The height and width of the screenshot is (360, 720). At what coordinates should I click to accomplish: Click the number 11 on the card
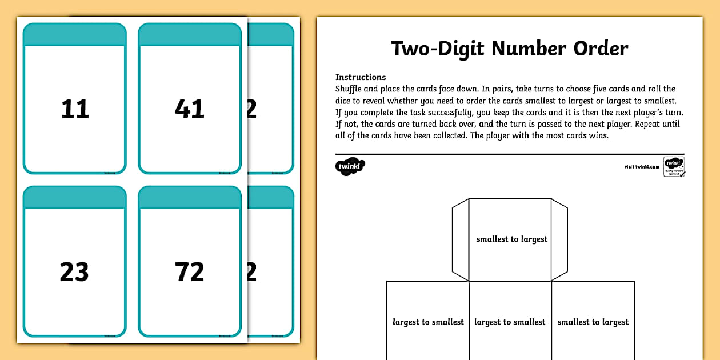tap(75, 109)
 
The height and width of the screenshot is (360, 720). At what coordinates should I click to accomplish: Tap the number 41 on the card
tap(189, 109)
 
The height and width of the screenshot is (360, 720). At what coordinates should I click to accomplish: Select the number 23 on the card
tap(74, 272)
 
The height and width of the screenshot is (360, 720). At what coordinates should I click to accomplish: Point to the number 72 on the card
tap(189, 272)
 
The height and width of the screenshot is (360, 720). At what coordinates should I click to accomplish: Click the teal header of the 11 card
tap(74, 35)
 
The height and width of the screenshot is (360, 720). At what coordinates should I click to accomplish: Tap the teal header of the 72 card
tap(189, 198)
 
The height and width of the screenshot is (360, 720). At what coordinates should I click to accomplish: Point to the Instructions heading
tap(361, 77)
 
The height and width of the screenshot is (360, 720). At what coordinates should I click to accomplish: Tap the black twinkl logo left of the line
tap(350, 167)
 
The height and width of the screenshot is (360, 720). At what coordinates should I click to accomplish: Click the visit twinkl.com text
tap(642, 167)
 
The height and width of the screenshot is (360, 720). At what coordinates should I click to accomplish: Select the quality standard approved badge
tap(674, 166)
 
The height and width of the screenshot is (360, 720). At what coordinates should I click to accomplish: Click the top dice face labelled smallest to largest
tap(511, 239)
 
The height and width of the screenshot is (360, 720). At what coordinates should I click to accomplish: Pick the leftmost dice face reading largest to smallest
tap(428, 322)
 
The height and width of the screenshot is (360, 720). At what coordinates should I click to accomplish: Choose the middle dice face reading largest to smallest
tap(510, 322)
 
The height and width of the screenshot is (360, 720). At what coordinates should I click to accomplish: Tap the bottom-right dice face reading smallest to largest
tap(593, 322)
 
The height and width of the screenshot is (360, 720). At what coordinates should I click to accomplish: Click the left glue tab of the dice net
tap(460, 239)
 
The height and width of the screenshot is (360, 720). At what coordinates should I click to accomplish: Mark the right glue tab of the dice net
tap(559, 239)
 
